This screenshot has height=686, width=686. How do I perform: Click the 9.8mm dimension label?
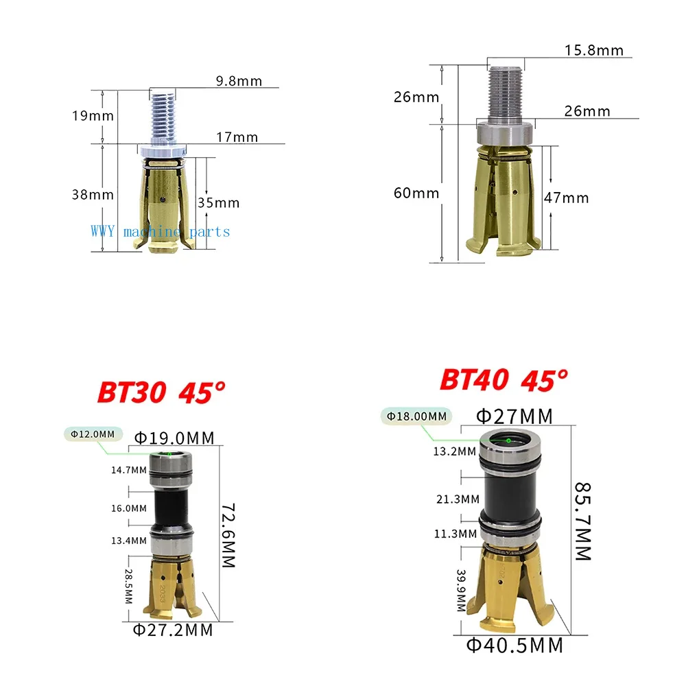(239, 81)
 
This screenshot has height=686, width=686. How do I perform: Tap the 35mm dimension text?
(217, 202)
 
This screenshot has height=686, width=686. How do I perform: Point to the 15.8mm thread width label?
(594, 50)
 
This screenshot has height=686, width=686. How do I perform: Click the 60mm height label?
(416, 193)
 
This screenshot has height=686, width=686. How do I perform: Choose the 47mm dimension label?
(566, 198)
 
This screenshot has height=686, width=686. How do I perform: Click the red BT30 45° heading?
(161, 392)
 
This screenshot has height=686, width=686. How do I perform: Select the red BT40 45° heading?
(504, 379)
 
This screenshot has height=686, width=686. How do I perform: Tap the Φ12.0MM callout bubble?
(93, 434)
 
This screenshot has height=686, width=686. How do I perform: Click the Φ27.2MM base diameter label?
(173, 629)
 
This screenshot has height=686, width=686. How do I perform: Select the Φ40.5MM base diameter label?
(514, 645)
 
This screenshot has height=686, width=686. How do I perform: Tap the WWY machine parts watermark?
(161, 232)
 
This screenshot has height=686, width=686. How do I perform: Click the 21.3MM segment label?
(456, 499)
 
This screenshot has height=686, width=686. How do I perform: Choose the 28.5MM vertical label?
(128, 585)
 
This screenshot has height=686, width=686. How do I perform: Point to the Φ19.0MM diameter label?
(174, 438)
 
